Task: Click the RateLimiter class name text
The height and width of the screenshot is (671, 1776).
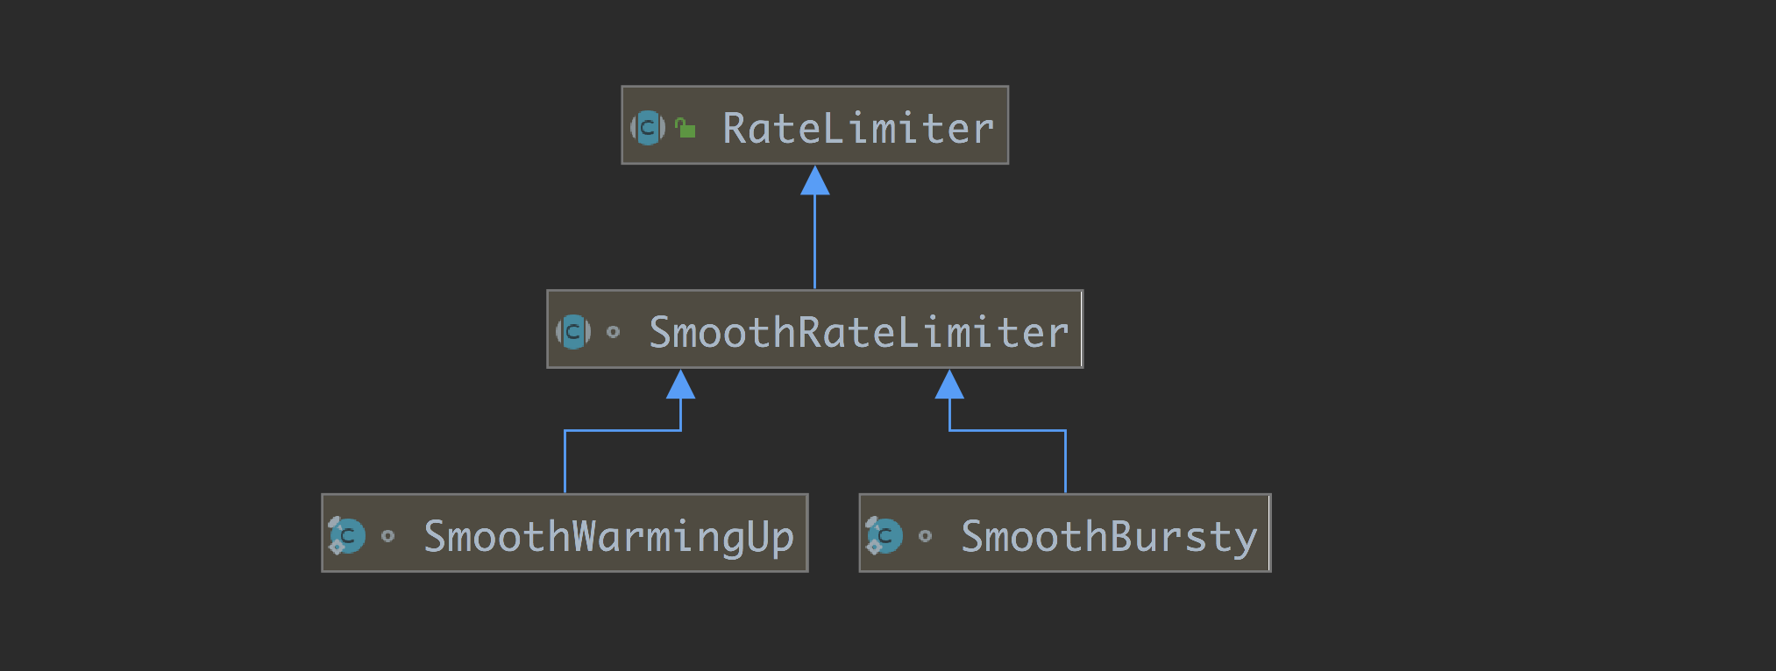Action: [858, 128]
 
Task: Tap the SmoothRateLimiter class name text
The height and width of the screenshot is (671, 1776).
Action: [859, 332]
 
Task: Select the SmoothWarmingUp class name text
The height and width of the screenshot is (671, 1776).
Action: [608, 537]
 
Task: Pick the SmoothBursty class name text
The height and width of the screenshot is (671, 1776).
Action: [1109, 537]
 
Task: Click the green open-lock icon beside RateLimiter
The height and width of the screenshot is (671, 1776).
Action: [686, 128]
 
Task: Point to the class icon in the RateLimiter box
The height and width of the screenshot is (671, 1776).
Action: [648, 128]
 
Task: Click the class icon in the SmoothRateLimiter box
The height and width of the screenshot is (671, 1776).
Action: [573, 332]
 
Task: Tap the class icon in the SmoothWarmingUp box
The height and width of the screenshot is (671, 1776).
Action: [347, 536]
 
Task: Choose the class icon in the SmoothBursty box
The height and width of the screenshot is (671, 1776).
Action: [884, 536]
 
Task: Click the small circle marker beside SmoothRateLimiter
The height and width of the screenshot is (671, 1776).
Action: [614, 332]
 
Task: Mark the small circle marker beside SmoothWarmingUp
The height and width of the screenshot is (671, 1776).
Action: [388, 536]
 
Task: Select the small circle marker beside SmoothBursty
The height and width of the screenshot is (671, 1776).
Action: [926, 536]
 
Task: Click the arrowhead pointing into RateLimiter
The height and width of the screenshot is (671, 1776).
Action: [815, 180]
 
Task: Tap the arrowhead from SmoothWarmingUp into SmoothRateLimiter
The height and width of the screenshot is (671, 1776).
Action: [681, 385]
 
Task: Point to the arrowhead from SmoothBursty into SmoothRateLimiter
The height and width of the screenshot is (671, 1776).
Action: [949, 385]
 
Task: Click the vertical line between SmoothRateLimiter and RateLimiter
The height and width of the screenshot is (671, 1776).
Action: [815, 242]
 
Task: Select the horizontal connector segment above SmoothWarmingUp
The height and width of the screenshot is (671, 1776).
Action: [622, 430]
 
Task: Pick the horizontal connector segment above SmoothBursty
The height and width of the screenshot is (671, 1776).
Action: [1007, 430]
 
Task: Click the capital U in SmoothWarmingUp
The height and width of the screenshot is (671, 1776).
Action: [758, 535]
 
